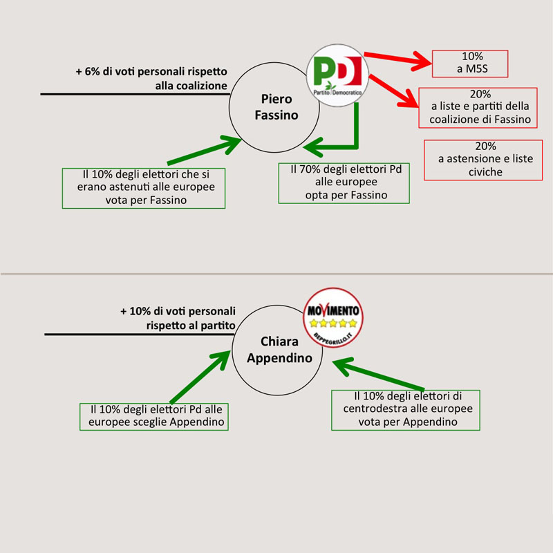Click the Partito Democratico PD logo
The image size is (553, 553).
337,76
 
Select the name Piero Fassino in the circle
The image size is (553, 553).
276,106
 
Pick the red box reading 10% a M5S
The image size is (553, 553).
469,64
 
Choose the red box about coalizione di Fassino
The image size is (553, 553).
478,108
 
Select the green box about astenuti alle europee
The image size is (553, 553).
144,187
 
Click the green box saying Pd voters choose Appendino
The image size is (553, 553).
154,415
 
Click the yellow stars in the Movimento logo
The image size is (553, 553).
334,323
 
